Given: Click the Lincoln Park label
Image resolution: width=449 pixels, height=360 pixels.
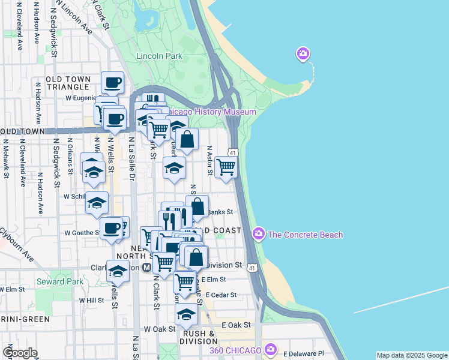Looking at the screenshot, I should pyautogui.click(x=159, y=56).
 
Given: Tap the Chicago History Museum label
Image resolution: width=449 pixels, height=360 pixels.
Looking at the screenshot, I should pyautogui.click(x=210, y=112).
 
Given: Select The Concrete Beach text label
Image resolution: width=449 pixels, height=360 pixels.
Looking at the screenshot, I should pyautogui.click(x=306, y=235).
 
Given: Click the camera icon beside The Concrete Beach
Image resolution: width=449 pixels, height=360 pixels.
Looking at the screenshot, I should pyautogui.click(x=259, y=233).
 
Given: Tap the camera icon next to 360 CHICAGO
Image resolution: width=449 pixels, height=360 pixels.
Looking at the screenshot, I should pyautogui.click(x=271, y=349).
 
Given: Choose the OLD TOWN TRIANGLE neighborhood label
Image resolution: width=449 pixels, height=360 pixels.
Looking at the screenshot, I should pyautogui.click(x=68, y=83).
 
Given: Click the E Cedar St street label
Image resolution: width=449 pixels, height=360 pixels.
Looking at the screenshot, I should pyautogui.click(x=221, y=295).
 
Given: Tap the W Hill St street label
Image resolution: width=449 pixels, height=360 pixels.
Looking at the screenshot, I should pyautogui.click(x=91, y=300).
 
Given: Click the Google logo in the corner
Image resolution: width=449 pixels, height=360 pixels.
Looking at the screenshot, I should pyautogui.click(x=20, y=353).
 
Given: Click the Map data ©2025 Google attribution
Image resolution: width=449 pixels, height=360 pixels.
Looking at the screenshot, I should pyautogui.click(x=411, y=355).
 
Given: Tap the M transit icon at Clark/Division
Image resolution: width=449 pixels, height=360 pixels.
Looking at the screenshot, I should pyautogui.click(x=147, y=268).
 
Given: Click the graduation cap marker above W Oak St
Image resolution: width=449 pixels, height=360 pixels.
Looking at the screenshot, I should pyautogui.click(x=186, y=314).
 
